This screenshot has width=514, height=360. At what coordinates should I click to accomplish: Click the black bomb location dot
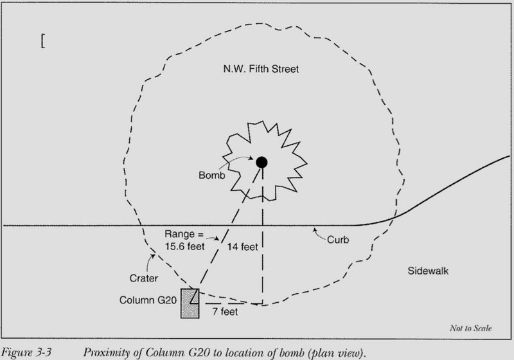tap(261, 162)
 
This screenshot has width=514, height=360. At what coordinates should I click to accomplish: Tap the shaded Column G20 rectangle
tap(190, 304)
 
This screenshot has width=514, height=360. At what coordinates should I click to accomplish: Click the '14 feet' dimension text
tap(239, 246)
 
